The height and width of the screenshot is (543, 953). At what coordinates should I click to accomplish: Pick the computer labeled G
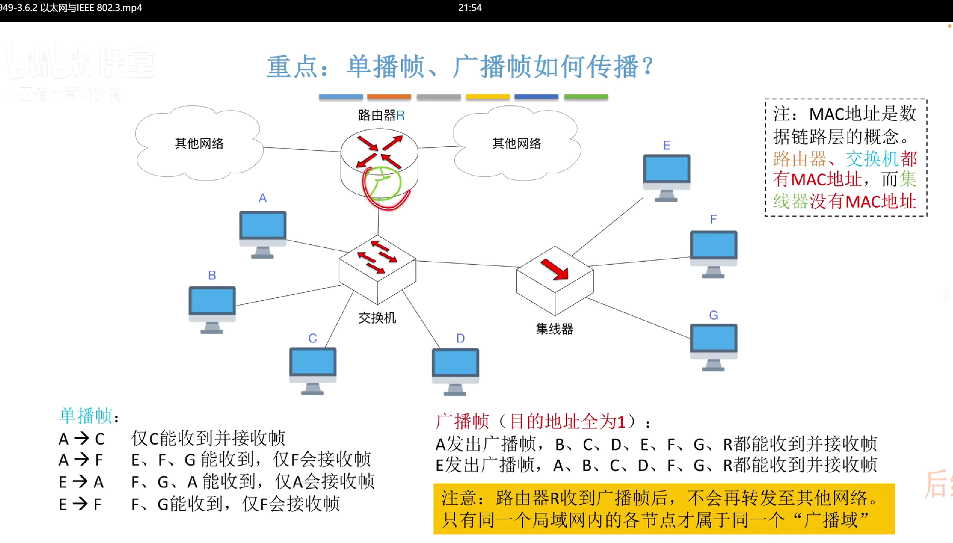tap(713, 344)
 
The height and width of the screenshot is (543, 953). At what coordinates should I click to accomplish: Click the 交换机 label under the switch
tap(377, 318)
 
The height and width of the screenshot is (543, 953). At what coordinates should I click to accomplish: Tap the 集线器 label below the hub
tap(555, 329)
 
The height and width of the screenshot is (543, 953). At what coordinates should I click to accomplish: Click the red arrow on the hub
tap(555, 269)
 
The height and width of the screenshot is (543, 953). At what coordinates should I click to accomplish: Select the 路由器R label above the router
tap(381, 115)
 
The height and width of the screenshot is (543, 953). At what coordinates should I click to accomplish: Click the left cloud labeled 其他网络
tap(199, 143)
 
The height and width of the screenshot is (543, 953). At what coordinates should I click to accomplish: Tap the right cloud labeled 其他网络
tap(517, 143)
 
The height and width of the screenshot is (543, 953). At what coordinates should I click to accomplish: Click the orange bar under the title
tap(389, 97)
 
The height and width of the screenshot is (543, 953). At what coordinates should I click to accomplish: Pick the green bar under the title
tap(586, 97)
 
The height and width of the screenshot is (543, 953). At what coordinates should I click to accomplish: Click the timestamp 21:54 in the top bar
tap(470, 8)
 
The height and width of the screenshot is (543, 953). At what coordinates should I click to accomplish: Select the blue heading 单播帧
tap(86, 416)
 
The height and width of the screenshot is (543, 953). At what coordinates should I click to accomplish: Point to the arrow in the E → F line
tap(80, 504)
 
